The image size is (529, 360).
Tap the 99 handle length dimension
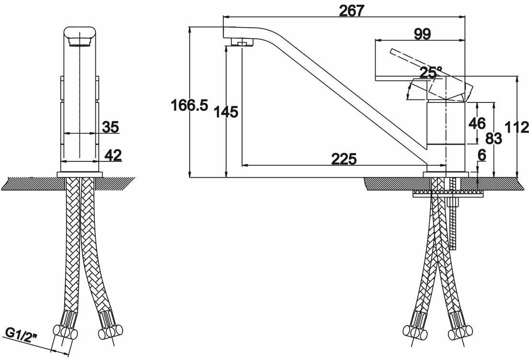click(x=422, y=34)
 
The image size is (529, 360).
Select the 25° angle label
click(x=430, y=73)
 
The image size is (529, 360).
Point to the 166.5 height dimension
click(x=190, y=106)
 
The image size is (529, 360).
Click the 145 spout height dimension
click(x=227, y=112)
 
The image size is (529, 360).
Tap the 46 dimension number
click(x=477, y=123)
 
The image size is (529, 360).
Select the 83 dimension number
click(x=493, y=138)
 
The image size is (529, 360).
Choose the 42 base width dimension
click(x=113, y=155)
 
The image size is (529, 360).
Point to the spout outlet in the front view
click(x=80, y=44)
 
